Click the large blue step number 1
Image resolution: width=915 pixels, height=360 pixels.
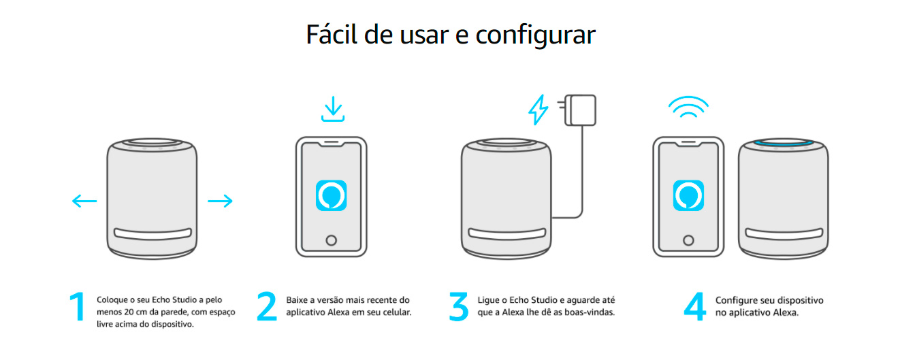pyautogui.click(x=78, y=308)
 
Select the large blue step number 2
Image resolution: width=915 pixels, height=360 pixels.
pyautogui.click(x=267, y=307)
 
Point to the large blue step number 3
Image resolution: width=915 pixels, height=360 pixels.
pyautogui.click(x=459, y=307)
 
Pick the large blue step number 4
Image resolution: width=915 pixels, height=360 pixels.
pyautogui.click(x=694, y=307)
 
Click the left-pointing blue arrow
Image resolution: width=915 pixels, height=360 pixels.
pyautogui.click(x=84, y=201)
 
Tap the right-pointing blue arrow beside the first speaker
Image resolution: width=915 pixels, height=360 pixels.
pyautogui.click(x=220, y=201)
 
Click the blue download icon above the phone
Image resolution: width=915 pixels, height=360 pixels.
pyautogui.click(x=332, y=110)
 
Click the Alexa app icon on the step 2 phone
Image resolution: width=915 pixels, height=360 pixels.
pyautogui.click(x=332, y=196)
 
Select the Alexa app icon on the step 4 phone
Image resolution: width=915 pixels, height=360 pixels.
pyautogui.click(x=688, y=196)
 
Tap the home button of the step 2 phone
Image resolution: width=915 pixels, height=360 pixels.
pyautogui.click(x=332, y=240)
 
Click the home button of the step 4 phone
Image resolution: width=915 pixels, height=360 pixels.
pyautogui.click(x=688, y=240)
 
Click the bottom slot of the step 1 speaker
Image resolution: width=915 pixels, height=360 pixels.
pyautogui.click(x=152, y=233)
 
